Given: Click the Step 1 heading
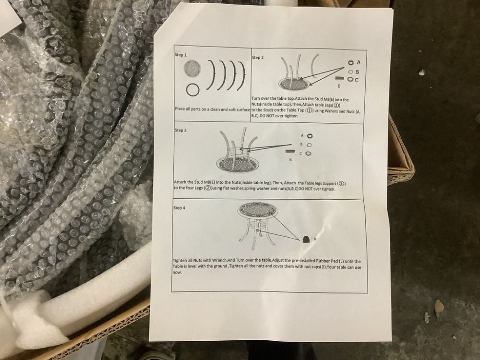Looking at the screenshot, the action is tap(180, 55).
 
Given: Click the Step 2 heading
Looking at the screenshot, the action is tap(257, 57).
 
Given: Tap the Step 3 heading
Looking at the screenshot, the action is tap(180, 130).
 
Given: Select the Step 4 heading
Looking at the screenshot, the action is tap(179, 207).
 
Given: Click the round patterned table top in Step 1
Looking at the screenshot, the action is tap(192, 68).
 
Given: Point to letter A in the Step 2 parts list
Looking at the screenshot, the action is tap(359, 62).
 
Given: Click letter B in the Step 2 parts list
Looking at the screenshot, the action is tap(357, 72).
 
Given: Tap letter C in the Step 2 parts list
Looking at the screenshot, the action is tap(356, 80).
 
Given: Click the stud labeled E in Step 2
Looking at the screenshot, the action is tap(339, 78).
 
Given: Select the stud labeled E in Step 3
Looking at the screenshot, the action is tap(290, 151).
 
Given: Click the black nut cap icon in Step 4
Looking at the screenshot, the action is tap(305, 240).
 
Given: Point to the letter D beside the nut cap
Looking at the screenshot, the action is tap(315, 239).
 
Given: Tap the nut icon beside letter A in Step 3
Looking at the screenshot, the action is tap(310, 136).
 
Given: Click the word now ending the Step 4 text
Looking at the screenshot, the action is tap(177, 273).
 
